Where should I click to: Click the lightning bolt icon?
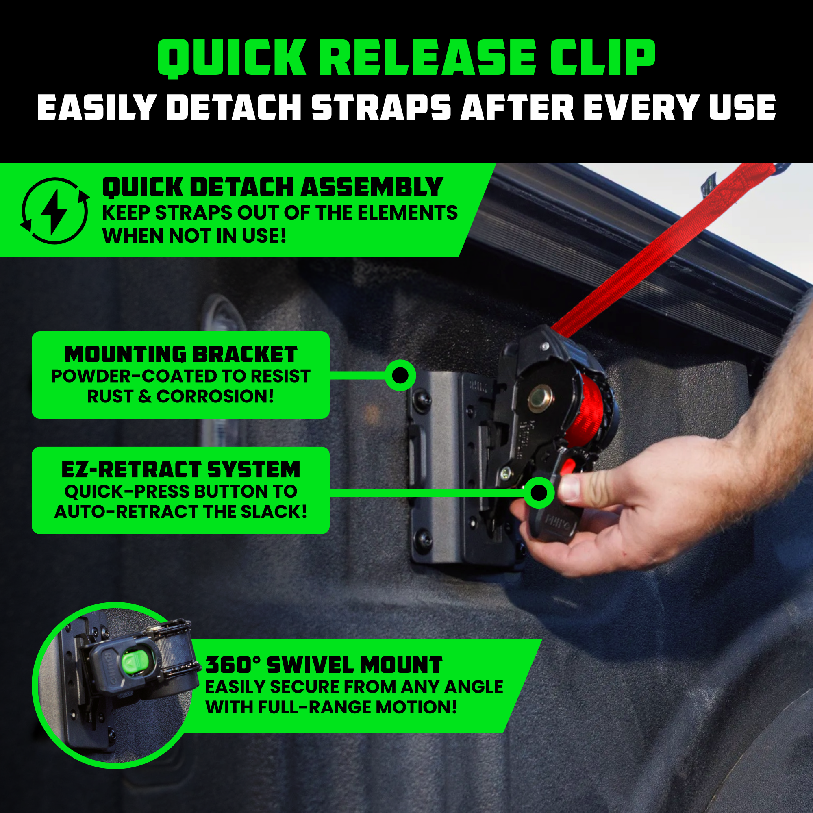[x=54, y=211]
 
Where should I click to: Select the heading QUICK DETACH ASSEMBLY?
[x=272, y=187]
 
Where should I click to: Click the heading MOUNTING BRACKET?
[x=180, y=354]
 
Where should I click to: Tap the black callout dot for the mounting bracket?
[x=400, y=374]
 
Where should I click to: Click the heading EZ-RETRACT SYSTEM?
[x=180, y=470]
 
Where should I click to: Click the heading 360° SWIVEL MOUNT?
[x=323, y=665]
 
